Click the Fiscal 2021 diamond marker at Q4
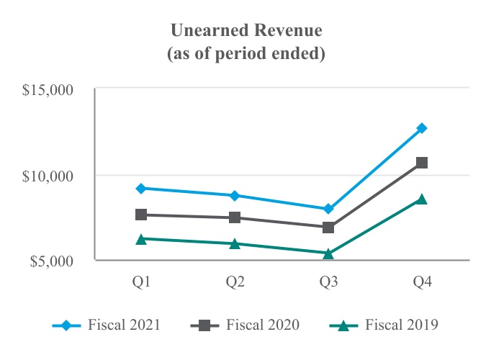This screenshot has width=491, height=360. (422, 128)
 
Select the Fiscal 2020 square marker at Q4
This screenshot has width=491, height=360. (422, 163)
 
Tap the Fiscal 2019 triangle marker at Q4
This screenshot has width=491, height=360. (422, 199)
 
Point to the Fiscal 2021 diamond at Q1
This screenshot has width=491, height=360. (142, 188)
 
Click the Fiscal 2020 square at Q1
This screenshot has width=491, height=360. (142, 215)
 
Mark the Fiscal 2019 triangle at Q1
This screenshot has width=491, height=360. (142, 238)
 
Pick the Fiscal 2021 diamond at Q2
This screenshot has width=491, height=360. (235, 195)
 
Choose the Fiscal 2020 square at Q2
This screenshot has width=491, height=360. (235, 217)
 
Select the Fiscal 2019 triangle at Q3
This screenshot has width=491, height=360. (328, 253)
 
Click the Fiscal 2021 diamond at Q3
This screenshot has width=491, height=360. (328, 209)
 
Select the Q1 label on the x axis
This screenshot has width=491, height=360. (142, 282)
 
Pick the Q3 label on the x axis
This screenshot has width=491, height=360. (328, 282)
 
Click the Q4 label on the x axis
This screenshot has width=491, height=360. (422, 282)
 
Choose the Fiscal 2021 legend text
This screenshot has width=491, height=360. (125, 325)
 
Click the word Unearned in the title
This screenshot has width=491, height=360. (204, 31)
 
